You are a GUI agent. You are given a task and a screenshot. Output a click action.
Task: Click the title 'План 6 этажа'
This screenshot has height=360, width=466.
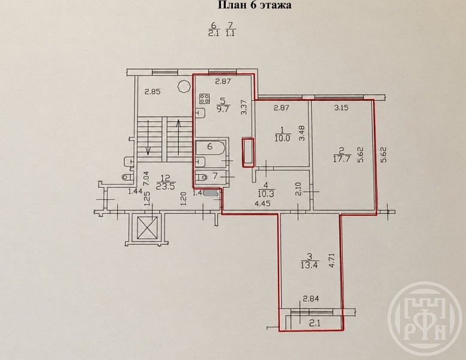(255, 5)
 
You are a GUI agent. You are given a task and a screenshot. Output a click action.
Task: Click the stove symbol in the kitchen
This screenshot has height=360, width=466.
(204, 98)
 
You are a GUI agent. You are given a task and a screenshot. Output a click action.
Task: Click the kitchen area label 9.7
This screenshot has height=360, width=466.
(223, 109)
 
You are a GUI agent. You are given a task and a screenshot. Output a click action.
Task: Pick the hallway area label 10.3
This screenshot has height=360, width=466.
(266, 193)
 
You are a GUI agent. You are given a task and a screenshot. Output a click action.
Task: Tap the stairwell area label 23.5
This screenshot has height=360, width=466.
(165, 186)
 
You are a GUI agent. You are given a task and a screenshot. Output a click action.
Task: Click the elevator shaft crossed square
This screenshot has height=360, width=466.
(147, 228)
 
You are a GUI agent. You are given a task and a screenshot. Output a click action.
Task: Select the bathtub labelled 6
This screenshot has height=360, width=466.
(210, 148)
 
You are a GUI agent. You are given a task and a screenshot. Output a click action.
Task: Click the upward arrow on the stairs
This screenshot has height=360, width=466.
(178, 137)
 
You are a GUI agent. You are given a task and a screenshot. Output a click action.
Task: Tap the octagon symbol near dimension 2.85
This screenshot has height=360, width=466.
(183, 87)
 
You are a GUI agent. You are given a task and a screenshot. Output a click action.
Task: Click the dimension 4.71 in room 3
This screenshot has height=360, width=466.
(332, 260)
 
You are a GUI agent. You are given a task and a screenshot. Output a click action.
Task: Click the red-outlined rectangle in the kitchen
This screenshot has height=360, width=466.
(248, 152)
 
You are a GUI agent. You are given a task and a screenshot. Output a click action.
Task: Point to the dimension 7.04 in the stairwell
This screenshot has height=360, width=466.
(146, 179)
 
